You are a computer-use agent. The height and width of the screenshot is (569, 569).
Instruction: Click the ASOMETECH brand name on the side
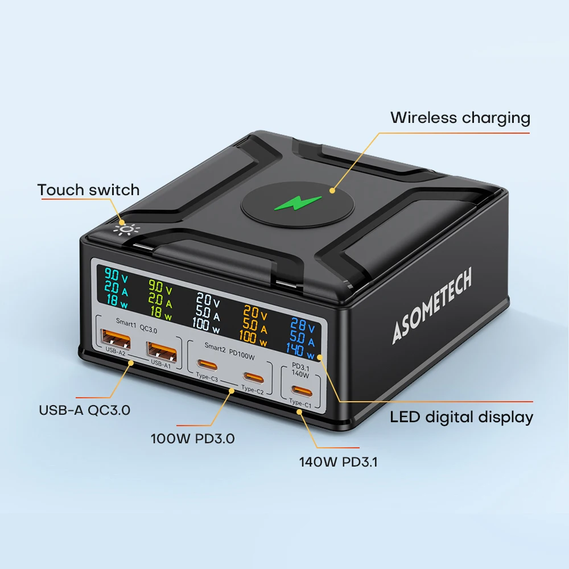(432, 307)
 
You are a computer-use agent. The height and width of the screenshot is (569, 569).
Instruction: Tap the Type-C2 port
(253, 376)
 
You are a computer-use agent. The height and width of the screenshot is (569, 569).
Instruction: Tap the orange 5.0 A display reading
(254, 328)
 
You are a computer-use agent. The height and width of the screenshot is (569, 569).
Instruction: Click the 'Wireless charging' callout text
(460, 118)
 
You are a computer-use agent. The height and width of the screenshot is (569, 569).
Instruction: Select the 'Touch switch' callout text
(88, 189)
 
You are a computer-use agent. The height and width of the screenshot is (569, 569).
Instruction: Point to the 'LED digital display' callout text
(461, 417)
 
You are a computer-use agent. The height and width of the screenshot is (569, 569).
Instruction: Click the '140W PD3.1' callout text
(338, 462)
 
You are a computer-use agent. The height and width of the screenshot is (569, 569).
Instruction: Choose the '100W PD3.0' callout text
(192, 439)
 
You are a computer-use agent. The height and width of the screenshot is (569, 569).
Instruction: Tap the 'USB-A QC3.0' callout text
(85, 410)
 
